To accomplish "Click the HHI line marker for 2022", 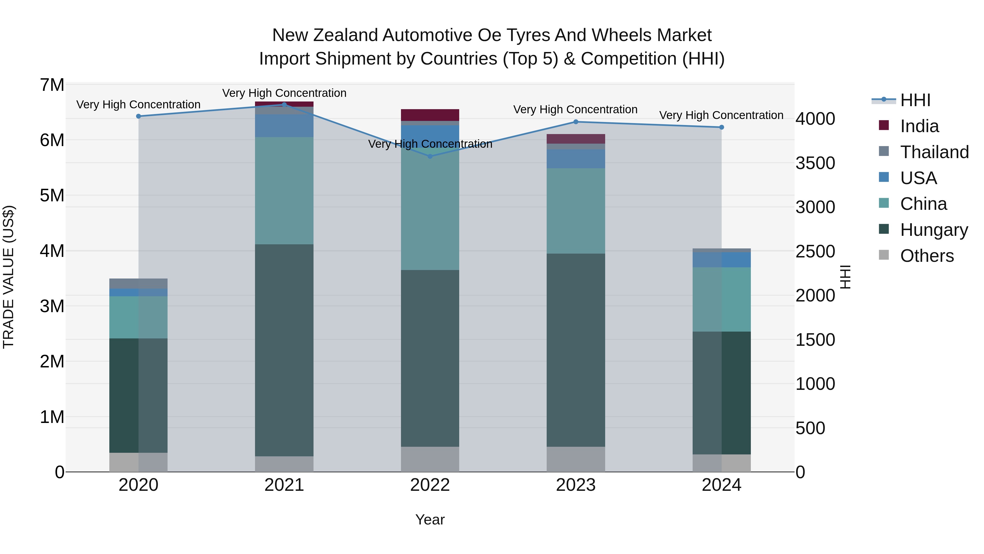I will coord(430,156).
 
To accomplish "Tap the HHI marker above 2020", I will coord(139,116).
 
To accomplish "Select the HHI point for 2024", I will coord(722,127).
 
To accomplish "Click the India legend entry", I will coord(919,126).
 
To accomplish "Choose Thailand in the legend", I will coord(934,152).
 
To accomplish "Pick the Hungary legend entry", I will coord(934,230).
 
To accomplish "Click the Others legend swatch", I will coord(884,255).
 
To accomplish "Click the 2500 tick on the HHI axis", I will coord(815,252).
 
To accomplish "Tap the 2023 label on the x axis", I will coord(576,485).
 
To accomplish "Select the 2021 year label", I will coord(284,485).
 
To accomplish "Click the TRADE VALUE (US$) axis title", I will coord(8,277).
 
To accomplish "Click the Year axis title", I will coord(430,520).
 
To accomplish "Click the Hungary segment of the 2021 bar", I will coord(284,350).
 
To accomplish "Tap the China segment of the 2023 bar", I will coord(576,211).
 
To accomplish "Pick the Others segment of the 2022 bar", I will coord(430,459).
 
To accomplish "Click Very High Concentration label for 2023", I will coord(575,109).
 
